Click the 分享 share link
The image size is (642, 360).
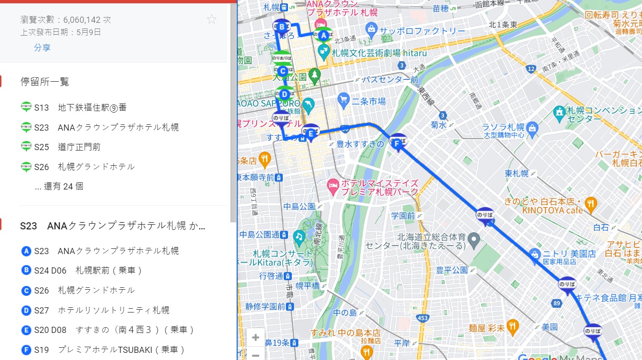point(42,47)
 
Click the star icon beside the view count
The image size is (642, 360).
point(211,19)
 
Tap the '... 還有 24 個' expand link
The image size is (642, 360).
point(59,186)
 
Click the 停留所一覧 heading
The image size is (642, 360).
point(45,82)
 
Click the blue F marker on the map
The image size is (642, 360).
point(398,142)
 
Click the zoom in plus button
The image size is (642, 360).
point(256,338)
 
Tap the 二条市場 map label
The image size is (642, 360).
point(368,101)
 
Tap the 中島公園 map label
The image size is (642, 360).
point(299,206)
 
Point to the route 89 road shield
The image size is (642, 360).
point(557,303)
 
